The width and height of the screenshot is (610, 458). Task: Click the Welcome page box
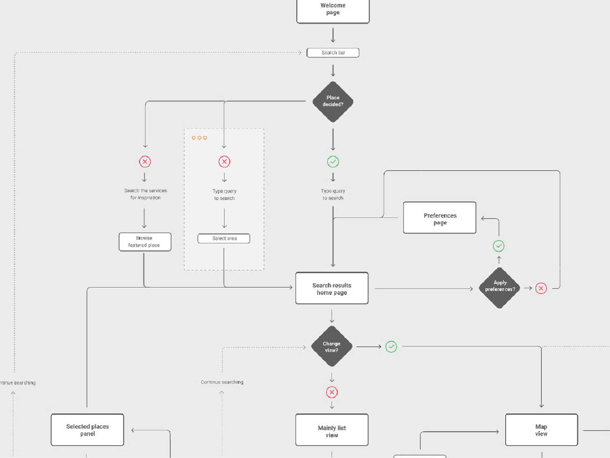click(x=333, y=10)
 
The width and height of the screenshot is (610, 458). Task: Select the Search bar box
click(x=333, y=53)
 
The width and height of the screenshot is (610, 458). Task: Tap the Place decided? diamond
click(x=333, y=102)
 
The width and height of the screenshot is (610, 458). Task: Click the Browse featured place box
click(x=145, y=242)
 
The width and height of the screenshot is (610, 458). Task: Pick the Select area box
click(x=224, y=239)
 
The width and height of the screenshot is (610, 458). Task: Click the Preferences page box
click(x=440, y=218)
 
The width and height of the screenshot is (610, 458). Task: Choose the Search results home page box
click(x=332, y=289)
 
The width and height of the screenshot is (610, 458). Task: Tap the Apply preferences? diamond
click(x=500, y=288)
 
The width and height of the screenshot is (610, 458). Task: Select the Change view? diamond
click(x=331, y=347)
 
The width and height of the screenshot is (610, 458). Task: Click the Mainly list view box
click(x=332, y=430)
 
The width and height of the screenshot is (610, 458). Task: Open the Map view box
click(x=541, y=430)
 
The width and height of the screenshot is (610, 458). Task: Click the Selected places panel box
click(x=87, y=430)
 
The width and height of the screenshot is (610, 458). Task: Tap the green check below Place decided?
click(x=333, y=162)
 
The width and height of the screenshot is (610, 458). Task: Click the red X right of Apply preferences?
click(x=541, y=289)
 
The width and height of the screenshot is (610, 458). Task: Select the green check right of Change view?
click(x=391, y=347)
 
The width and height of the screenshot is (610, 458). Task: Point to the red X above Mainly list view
click(x=332, y=392)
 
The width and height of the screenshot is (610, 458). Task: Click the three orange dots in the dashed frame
click(x=199, y=138)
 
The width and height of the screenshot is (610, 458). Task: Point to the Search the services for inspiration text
click(x=146, y=194)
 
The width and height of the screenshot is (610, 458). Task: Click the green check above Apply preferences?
click(x=499, y=246)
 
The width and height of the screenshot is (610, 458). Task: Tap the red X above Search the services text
click(x=145, y=162)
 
